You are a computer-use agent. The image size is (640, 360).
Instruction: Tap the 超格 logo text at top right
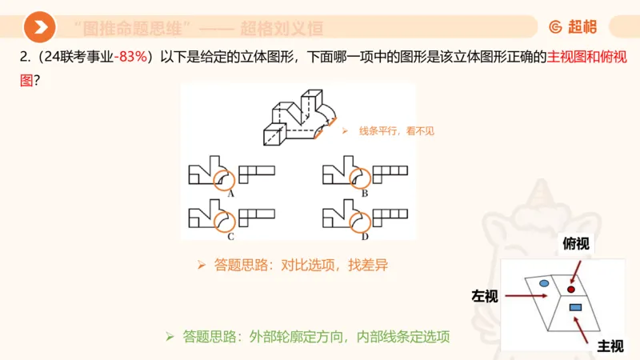coord(573,27)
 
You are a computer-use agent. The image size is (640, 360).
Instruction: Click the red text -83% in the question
coord(134,58)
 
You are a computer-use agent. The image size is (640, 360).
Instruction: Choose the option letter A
coord(230,194)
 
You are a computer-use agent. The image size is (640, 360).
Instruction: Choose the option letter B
coord(364,194)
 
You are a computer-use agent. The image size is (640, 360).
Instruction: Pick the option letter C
coord(230,237)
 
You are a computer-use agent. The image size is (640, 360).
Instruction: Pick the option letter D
coord(364,237)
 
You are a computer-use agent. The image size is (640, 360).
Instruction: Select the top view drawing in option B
coord(392,170)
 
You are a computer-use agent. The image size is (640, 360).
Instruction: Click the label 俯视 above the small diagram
coord(575,244)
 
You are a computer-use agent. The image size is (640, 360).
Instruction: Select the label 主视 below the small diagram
coord(611,346)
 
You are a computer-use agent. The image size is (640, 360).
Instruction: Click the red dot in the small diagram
coord(571,289)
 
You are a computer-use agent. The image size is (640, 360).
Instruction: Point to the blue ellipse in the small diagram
coord(544,284)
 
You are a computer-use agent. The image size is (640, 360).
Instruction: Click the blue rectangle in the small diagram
coord(575,307)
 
